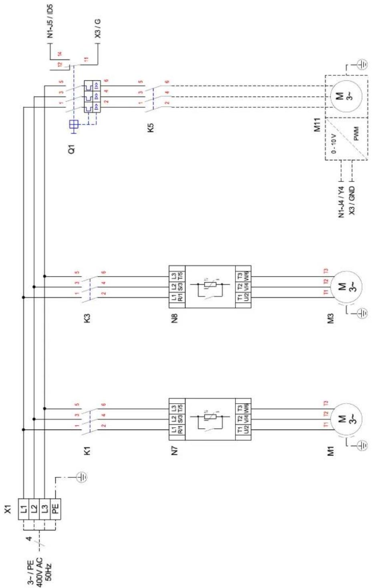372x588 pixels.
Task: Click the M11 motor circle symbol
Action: [345, 97]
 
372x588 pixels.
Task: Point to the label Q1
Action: [72, 150]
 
